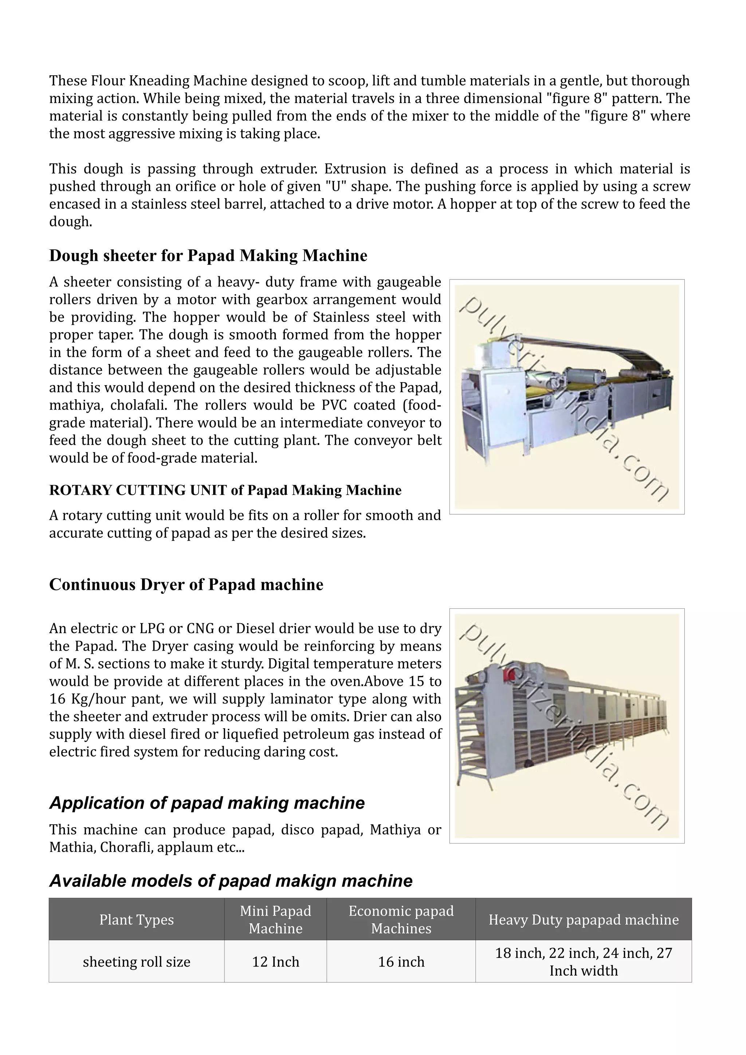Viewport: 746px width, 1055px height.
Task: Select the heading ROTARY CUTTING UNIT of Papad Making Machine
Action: point(225,490)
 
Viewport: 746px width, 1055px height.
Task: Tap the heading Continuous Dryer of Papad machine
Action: point(186,585)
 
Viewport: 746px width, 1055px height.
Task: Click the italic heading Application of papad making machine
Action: point(207,803)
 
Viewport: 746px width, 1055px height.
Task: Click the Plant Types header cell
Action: point(137,920)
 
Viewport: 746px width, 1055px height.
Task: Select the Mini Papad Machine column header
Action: point(275,920)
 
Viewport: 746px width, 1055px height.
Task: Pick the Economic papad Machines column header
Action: point(401,920)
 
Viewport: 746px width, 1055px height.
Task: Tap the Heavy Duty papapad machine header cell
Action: point(583,920)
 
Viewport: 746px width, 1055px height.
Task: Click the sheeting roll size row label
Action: point(137,962)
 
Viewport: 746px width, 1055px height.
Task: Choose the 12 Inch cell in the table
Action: point(275,962)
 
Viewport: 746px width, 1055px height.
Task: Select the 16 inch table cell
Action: point(401,962)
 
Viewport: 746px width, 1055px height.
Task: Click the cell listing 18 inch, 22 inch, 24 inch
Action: point(583,962)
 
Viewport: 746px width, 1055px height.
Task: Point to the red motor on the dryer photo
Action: point(509,673)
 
